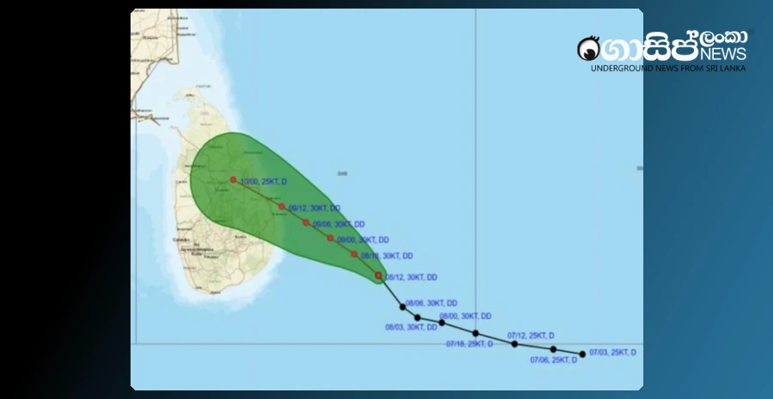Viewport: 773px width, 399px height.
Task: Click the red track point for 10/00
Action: coord(233,180)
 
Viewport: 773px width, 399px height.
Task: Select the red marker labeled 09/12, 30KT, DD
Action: coord(282,206)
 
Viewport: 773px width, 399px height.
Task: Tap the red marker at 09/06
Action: coord(306,222)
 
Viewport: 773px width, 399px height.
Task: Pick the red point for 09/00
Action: coord(330,238)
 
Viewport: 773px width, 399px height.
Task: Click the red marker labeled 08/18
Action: coord(354,254)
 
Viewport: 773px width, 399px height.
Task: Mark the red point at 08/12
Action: coord(379,275)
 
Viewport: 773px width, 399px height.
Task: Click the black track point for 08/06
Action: coord(402,306)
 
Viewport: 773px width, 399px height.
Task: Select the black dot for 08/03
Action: coord(417,317)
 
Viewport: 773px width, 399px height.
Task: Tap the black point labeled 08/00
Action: coord(441,323)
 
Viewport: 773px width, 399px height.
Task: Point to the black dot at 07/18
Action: coord(475,333)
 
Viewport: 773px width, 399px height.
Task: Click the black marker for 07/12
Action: coord(514,344)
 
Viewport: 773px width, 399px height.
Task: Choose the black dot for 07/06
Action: coord(553,349)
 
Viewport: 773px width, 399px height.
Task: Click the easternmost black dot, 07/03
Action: coord(582,354)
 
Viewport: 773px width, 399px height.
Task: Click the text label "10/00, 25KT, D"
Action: coord(264,181)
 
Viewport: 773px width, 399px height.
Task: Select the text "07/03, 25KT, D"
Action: coord(612,353)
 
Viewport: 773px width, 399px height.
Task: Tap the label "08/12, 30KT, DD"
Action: coord(412,277)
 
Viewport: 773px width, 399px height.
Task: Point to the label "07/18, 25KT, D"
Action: coord(470,344)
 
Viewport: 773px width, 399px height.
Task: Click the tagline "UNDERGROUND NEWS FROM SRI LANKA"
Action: coord(667,68)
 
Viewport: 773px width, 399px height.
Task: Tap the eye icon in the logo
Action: coord(589,48)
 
